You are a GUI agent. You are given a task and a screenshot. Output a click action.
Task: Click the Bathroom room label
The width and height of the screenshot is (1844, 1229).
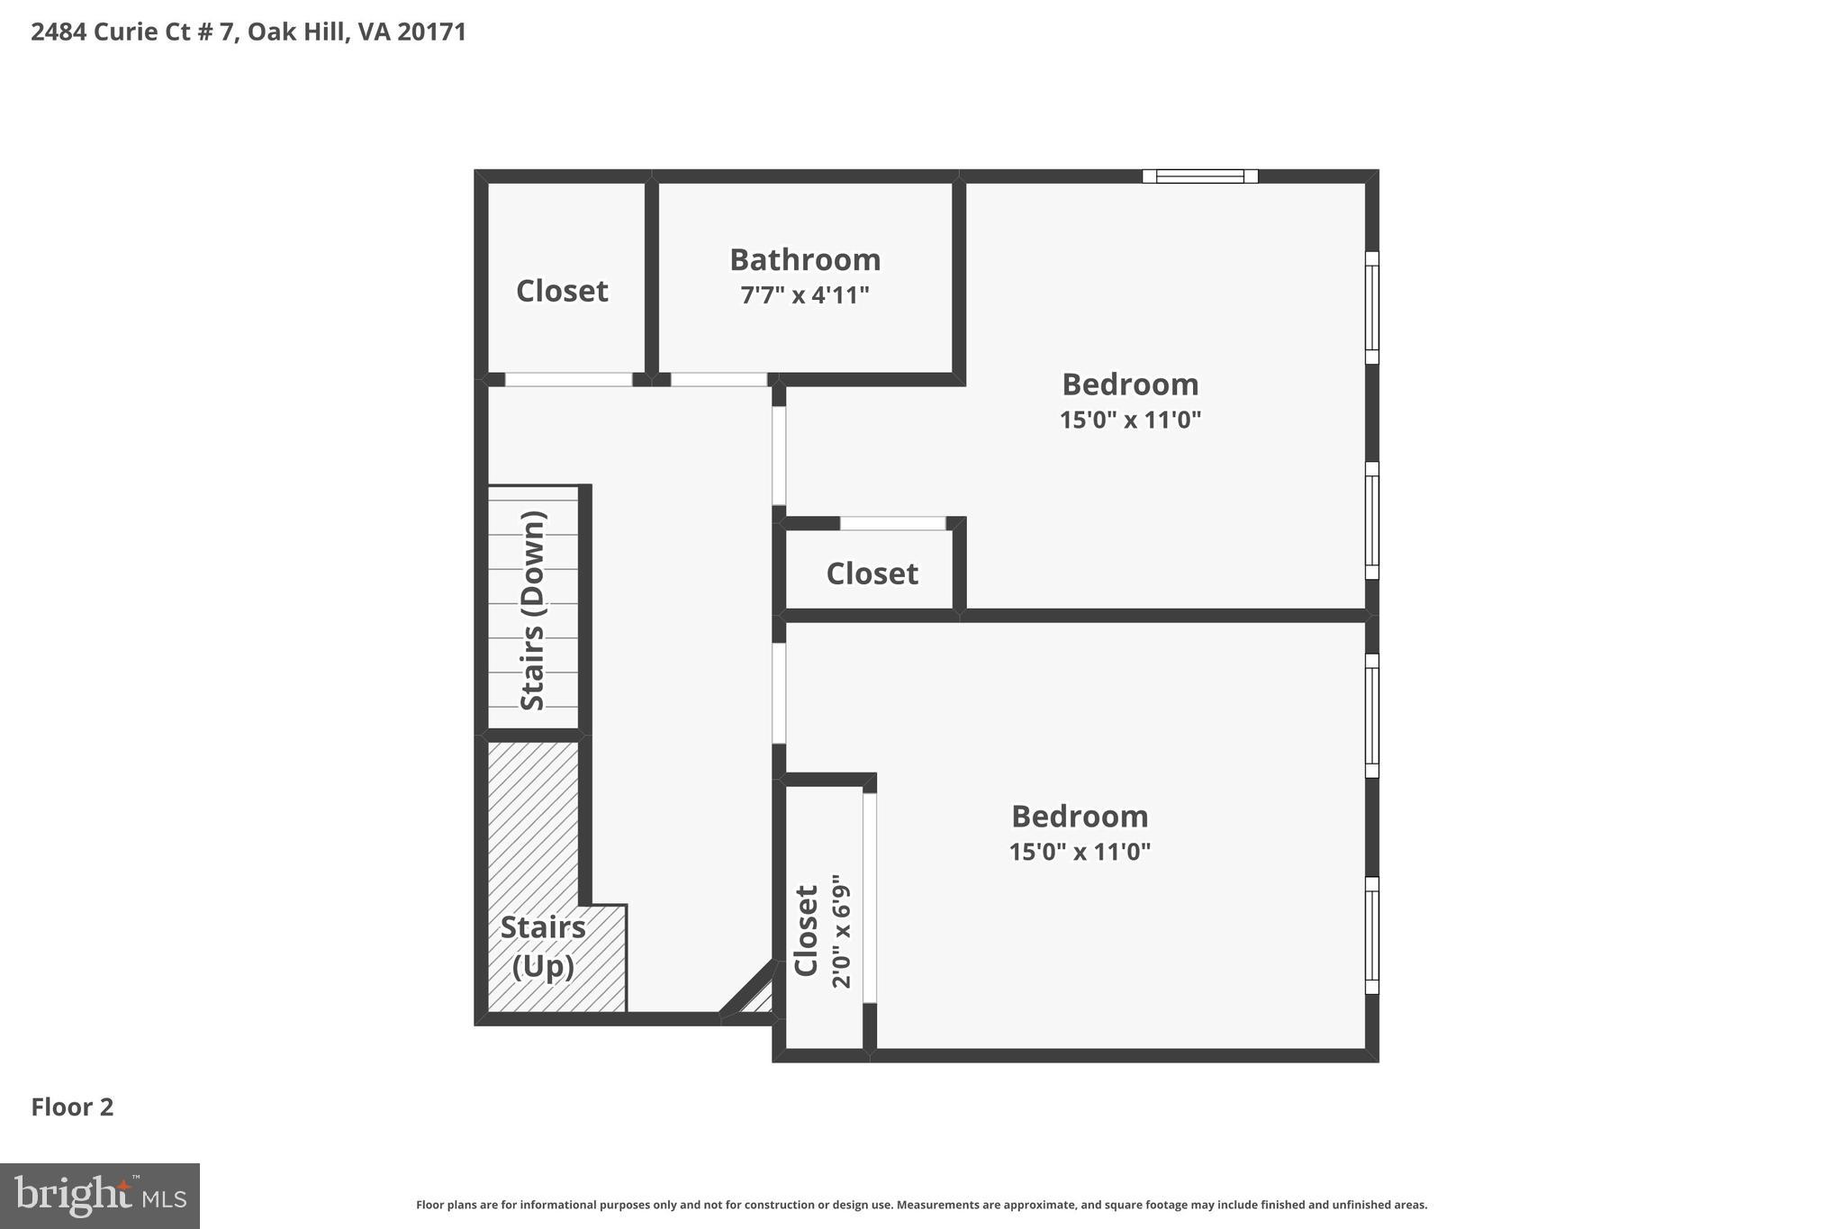coord(805,260)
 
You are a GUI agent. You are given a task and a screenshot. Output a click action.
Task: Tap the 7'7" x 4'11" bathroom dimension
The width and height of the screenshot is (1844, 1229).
coord(805,295)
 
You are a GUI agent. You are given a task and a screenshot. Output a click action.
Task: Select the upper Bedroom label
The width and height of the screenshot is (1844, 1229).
coord(1130,385)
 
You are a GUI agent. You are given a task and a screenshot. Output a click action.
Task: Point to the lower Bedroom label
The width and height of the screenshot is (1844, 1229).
coord(1080,818)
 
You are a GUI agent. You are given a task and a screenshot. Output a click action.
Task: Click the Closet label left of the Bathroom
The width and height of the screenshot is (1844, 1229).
coord(562,292)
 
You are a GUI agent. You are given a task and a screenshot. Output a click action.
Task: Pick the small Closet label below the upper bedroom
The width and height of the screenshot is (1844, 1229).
coord(872,574)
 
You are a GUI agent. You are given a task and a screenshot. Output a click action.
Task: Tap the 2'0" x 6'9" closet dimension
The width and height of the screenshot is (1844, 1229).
coord(841,931)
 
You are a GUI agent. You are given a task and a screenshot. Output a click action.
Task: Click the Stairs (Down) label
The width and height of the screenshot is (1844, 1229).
coord(534,610)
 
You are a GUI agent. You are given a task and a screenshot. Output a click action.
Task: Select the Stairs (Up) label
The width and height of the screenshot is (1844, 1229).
coord(543,946)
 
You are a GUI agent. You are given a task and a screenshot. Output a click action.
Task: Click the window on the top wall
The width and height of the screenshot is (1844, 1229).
coord(1199,176)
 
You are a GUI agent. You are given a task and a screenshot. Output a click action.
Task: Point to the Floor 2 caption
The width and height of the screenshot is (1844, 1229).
coord(73,1107)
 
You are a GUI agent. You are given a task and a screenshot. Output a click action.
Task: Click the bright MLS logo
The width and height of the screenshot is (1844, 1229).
coord(100,1196)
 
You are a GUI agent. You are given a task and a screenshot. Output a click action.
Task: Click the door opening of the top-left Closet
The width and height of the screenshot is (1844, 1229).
coord(568,380)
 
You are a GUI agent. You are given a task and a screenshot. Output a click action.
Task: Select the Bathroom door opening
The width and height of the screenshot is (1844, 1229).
coord(719,380)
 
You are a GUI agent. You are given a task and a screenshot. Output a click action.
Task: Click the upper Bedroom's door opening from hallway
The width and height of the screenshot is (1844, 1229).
coord(779,456)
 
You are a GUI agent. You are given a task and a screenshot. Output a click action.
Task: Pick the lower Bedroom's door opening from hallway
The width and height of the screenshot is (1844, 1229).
coord(779,693)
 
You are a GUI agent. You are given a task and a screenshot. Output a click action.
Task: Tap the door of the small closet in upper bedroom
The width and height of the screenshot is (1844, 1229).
coord(892,524)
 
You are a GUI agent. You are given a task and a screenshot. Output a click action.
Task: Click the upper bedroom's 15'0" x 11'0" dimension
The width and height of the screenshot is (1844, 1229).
coord(1130,420)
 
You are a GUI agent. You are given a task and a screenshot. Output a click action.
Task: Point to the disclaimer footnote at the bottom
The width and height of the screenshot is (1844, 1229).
coord(921,1205)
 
